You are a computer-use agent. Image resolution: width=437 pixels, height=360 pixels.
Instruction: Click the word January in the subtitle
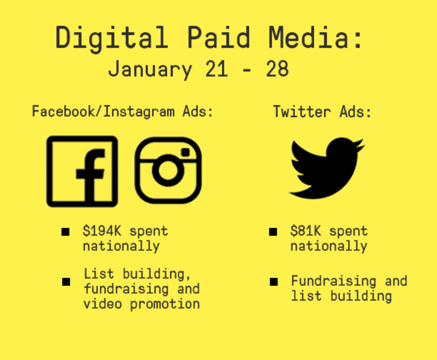tap(150, 69)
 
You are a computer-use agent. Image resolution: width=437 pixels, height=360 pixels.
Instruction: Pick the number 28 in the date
tap(277, 68)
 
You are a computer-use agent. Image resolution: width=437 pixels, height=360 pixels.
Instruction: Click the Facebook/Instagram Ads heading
tap(123, 112)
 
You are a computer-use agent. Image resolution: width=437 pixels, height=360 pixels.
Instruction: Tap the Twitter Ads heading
tap(322, 112)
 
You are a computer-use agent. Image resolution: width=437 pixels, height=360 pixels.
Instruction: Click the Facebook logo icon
tap(82, 171)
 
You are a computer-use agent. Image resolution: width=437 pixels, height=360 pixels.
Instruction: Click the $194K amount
tap(102, 231)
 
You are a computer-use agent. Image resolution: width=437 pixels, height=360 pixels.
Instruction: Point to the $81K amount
tap(306, 231)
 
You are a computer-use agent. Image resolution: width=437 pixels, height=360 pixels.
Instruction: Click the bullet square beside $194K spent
tap(66, 232)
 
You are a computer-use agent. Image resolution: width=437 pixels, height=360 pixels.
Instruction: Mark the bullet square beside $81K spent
tap(273, 232)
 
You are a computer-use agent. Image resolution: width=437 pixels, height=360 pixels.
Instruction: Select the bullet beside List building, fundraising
tap(67, 282)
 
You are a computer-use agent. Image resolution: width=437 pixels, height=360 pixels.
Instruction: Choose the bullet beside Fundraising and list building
tap(274, 282)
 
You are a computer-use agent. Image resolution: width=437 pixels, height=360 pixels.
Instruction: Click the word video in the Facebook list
tap(103, 303)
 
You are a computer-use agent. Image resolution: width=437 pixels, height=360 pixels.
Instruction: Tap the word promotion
tap(165, 304)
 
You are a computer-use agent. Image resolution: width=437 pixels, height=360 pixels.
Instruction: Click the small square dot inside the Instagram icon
tap(185, 152)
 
